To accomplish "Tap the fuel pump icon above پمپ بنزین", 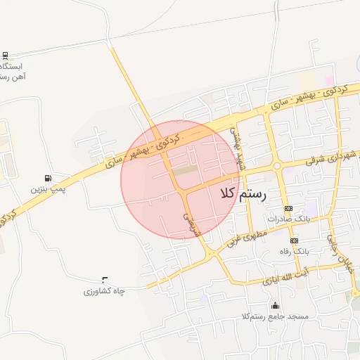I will tap(47, 178).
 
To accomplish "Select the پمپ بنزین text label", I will tap(46, 190).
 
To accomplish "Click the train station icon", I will tap(6, 55).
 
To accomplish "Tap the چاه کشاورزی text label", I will tap(104, 291).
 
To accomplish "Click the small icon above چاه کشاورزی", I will tap(105, 279).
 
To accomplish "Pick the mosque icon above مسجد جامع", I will tap(274, 305).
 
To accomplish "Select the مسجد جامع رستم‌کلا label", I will tap(274, 317).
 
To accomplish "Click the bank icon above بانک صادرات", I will tap(288, 209).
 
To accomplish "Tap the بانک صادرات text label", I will tap(288, 220).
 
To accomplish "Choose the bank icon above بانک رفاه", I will tap(294, 240).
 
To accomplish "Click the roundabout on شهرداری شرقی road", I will tap(277, 166).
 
